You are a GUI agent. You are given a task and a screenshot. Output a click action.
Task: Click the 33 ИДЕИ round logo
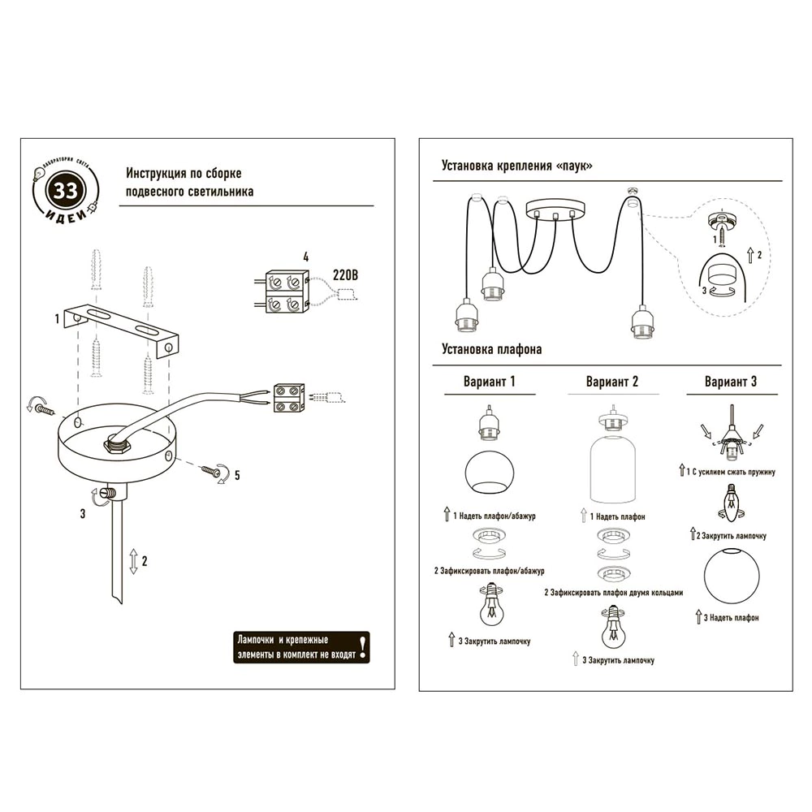click(65, 192)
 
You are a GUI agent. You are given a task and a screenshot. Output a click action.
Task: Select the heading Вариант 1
click(489, 382)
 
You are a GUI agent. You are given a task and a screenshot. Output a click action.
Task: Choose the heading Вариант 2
click(611, 382)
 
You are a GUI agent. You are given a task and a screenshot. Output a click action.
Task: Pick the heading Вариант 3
click(731, 382)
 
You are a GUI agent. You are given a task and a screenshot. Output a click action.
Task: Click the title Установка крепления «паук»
click(516, 166)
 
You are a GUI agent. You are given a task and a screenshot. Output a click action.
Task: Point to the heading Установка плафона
click(491, 350)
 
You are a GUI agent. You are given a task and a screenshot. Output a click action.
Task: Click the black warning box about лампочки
click(301, 647)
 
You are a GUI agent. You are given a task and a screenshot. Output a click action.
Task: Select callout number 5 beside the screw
click(236, 476)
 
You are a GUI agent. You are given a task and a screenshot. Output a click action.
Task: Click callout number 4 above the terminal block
click(305, 257)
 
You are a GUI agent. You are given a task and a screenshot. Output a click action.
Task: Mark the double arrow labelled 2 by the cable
click(132, 561)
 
